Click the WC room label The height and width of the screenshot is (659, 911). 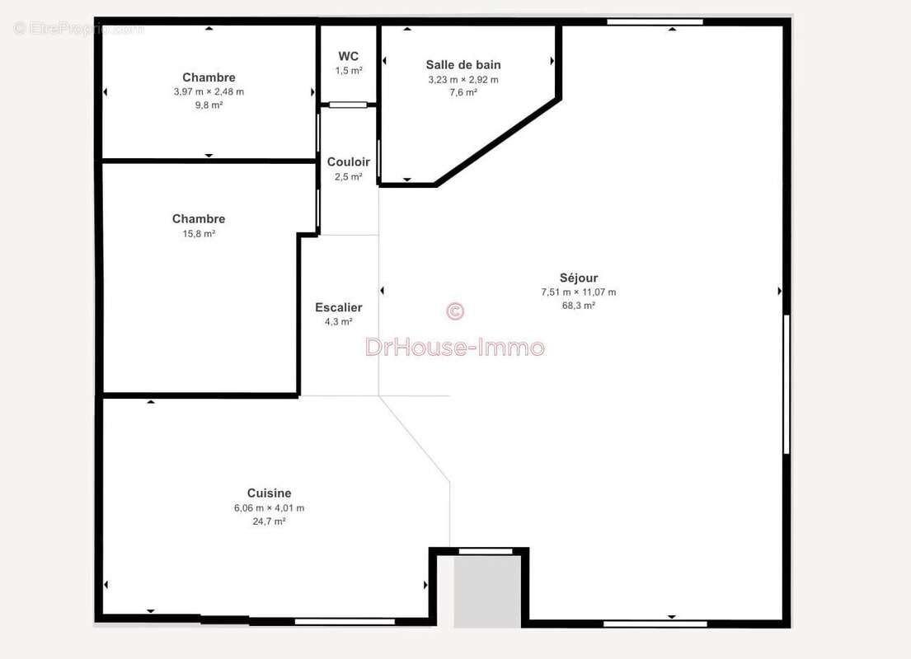click(x=349, y=56)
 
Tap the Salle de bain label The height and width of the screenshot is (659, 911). click(x=463, y=65)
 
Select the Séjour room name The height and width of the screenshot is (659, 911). click(x=579, y=278)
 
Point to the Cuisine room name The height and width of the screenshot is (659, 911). click(x=269, y=493)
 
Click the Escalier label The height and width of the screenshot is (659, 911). click(x=339, y=308)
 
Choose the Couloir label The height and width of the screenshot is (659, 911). click(x=349, y=162)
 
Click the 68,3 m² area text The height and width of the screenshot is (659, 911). click(x=579, y=306)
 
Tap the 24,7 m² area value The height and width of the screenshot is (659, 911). click(x=269, y=521)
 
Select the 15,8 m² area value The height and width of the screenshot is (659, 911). click(x=199, y=233)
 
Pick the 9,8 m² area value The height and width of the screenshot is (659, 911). click(x=209, y=105)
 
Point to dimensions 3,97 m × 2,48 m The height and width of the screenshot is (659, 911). click(x=209, y=91)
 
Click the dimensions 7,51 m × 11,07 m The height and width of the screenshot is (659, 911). click(x=579, y=292)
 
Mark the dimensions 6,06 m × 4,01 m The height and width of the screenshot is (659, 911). click(x=269, y=508)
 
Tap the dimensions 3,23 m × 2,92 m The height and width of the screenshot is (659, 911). click(x=463, y=80)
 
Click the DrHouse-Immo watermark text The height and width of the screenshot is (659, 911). click(x=455, y=348)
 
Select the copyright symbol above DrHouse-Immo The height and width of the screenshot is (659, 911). click(x=455, y=311)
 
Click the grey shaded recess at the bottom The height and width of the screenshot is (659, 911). click(x=487, y=591)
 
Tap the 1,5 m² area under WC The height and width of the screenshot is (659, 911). click(x=349, y=71)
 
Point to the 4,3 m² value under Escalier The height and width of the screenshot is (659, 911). click(x=339, y=321)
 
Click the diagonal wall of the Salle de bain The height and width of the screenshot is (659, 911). click(x=498, y=143)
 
